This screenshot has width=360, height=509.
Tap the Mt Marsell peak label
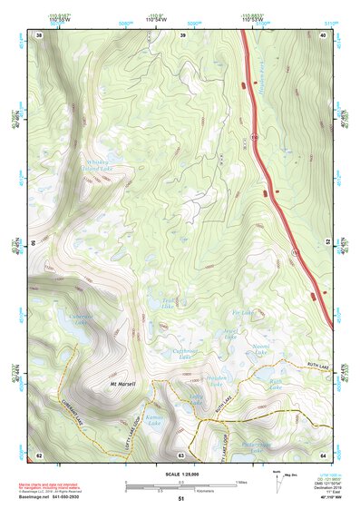point(122,384)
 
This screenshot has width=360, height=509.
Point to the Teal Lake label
point(168,303)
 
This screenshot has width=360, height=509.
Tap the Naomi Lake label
point(260,347)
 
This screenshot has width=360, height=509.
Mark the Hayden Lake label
point(216,380)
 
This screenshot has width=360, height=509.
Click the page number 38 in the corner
point(39,34)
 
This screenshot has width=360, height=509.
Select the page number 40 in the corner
point(323,34)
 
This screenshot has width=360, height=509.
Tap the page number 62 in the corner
point(39,454)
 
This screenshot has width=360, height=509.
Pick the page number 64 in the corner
point(323,454)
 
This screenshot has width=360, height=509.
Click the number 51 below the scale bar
point(180,499)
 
